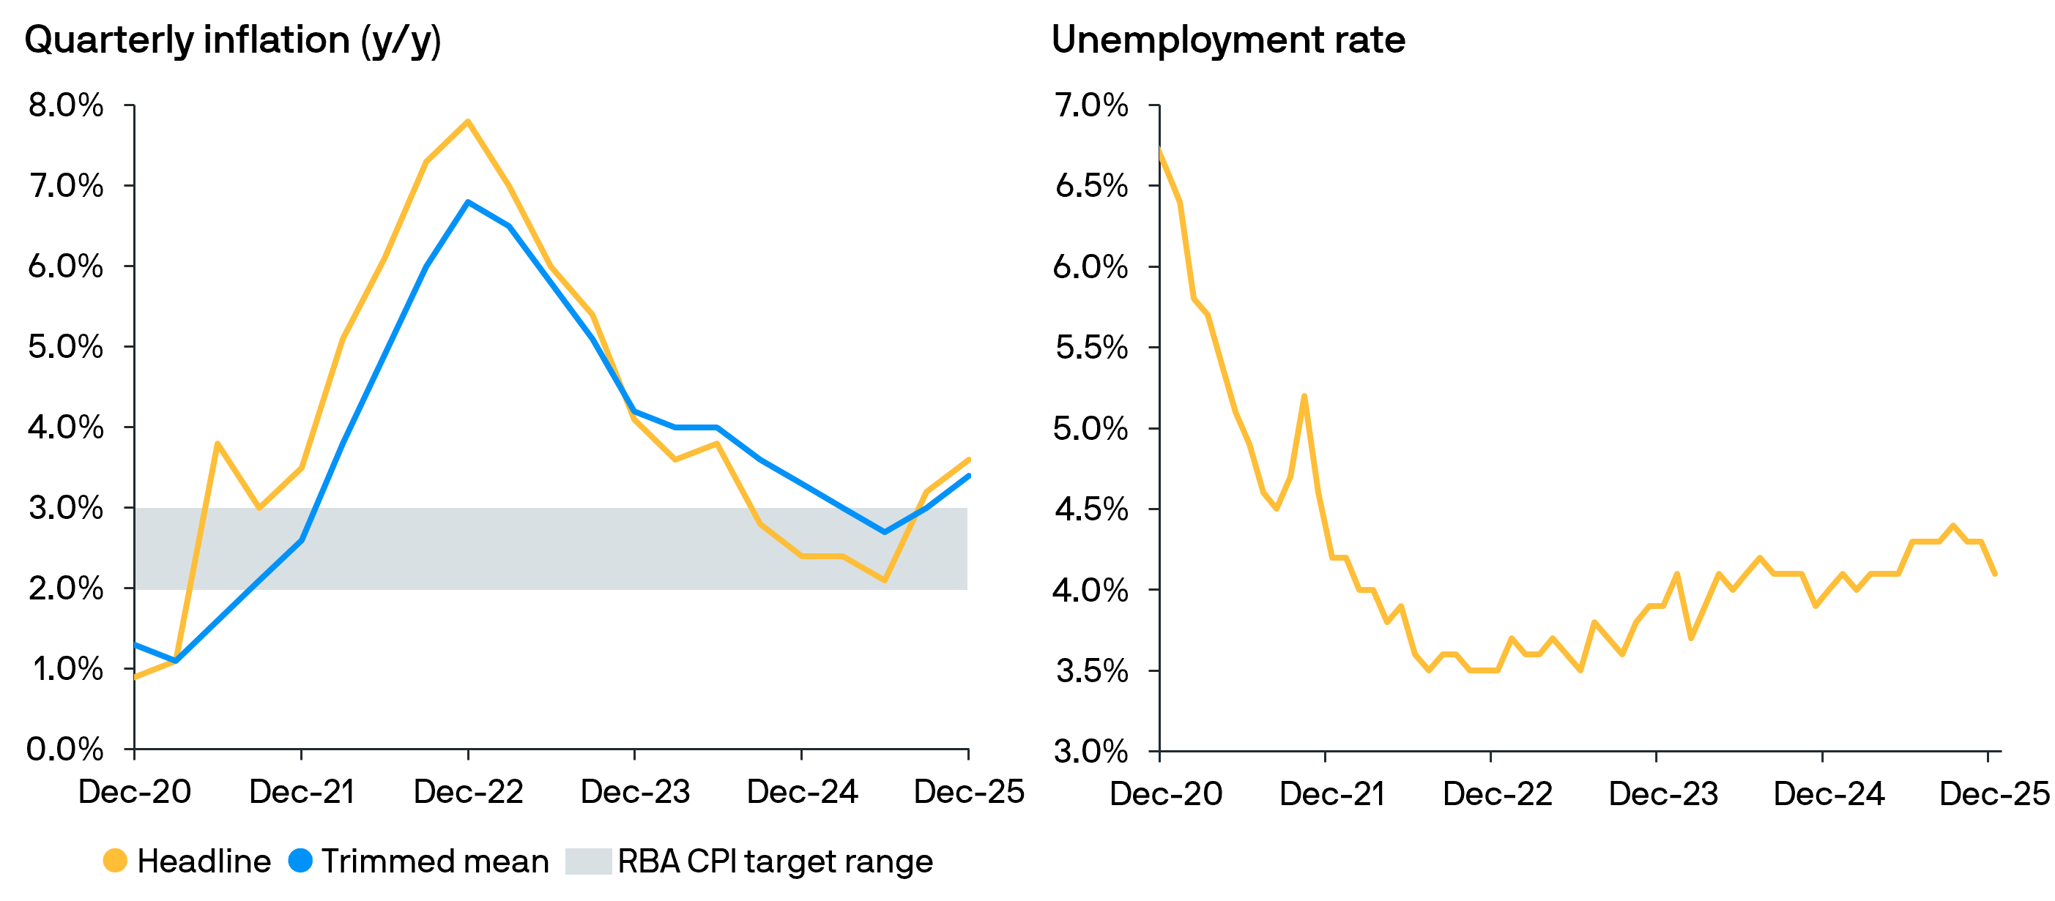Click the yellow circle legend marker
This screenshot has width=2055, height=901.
(x=115, y=860)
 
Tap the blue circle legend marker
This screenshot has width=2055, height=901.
(x=300, y=860)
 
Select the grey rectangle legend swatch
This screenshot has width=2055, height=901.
(x=589, y=861)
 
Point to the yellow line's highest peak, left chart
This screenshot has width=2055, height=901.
(x=467, y=122)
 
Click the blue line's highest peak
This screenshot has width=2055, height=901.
(x=468, y=203)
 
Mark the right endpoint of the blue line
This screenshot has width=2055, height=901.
(x=968, y=476)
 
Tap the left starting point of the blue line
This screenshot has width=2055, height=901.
(x=135, y=644)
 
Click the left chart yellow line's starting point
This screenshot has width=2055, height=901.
(x=135, y=678)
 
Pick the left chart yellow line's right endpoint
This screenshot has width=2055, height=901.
(x=968, y=459)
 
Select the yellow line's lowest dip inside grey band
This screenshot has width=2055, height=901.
(x=885, y=580)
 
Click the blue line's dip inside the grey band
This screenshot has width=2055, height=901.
(x=884, y=532)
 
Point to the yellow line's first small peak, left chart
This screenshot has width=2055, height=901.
(x=217, y=444)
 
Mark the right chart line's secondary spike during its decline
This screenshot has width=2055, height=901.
(x=1304, y=396)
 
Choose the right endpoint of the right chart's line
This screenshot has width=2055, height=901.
(x=1994, y=573)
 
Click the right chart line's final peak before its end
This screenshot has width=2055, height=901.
(x=1953, y=526)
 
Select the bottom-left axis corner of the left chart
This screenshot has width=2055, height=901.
(x=134, y=749)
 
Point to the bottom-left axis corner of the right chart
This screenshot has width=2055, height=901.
(x=1159, y=750)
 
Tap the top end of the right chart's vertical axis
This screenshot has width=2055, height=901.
(x=1159, y=105)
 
